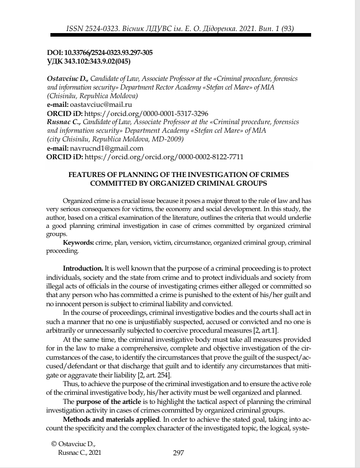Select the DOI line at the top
tap(99, 53)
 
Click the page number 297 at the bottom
tap(178, 453)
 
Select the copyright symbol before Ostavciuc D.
tap(54, 445)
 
